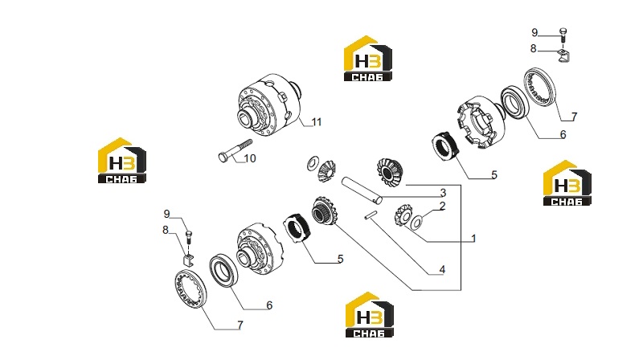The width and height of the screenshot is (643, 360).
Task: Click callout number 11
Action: tap(316, 122)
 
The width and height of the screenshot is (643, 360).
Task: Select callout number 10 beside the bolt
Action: tap(250, 157)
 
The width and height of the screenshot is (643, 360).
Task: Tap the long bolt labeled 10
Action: tap(235, 150)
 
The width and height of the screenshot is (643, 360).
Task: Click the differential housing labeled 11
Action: tap(269, 104)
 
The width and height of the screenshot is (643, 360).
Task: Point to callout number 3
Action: tap(443, 192)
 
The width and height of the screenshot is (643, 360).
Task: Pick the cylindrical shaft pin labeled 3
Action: tap(362, 190)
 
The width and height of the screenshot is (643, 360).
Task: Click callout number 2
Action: tap(442, 206)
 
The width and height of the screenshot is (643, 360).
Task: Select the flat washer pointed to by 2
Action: tap(416, 223)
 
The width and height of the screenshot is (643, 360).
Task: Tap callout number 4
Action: tap(442, 269)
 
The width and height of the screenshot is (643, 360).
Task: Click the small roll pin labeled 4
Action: tap(371, 215)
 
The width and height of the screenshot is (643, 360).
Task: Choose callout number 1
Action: tap(473, 238)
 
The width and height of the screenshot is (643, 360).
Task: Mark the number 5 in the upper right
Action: tap(494, 174)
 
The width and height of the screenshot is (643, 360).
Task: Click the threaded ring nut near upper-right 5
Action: tap(447, 146)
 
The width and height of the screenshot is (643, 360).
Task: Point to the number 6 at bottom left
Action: tap(269, 305)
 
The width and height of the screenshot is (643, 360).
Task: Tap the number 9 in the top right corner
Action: tap(534, 32)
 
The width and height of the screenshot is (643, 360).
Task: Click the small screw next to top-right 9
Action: tap(563, 35)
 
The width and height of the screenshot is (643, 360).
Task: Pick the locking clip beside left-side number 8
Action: tap(188, 260)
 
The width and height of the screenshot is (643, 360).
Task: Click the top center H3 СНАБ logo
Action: tap(368, 58)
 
